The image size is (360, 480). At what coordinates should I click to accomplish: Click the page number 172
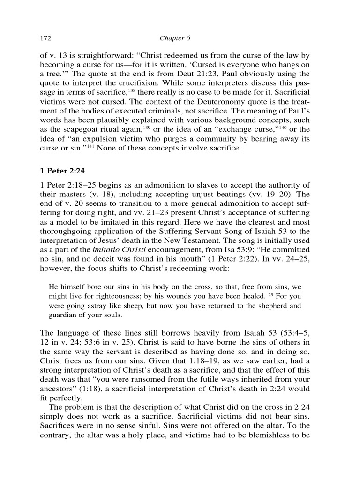click(46, 37)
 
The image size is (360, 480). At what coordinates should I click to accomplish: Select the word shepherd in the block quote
click(273, 306)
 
